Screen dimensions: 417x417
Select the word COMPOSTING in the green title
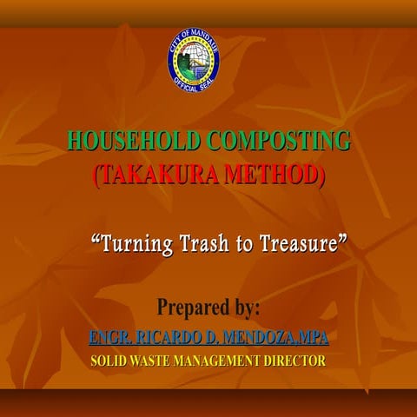point(280,140)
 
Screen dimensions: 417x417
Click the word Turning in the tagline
point(129,244)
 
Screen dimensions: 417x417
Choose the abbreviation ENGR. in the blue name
point(109,336)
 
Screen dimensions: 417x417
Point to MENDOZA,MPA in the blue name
point(276,336)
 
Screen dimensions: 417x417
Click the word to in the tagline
point(238,244)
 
